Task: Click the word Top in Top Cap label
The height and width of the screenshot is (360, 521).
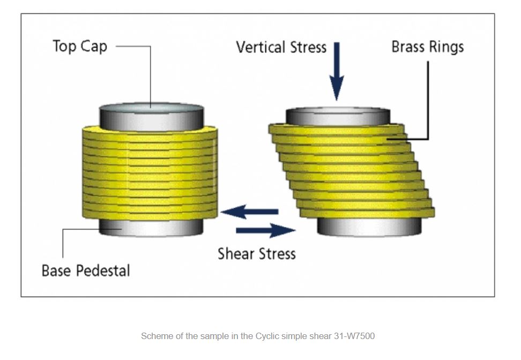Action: [x=65, y=47]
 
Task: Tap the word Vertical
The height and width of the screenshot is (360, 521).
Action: [x=261, y=47]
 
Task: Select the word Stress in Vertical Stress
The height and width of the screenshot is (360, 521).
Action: [x=308, y=47]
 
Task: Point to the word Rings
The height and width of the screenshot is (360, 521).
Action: [x=445, y=47]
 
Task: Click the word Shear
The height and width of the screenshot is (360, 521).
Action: [x=236, y=254]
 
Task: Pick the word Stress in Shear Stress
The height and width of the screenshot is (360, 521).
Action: [x=277, y=254]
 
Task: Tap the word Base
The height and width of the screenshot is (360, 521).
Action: [x=56, y=270]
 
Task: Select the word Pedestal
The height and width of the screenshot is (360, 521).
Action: [x=103, y=270]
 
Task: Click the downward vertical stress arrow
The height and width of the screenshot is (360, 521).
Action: [x=337, y=71]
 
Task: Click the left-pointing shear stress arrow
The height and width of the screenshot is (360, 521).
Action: [x=250, y=211]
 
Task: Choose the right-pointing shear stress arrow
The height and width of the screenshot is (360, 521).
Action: [x=265, y=230]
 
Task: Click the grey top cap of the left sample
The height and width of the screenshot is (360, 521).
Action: [x=152, y=116]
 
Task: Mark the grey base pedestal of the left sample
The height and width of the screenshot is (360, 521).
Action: [x=151, y=227]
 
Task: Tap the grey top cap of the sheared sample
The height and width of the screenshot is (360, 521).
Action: [x=338, y=116]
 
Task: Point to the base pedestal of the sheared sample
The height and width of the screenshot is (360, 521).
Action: [x=369, y=226]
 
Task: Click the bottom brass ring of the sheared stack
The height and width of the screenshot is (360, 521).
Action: [x=368, y=212]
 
